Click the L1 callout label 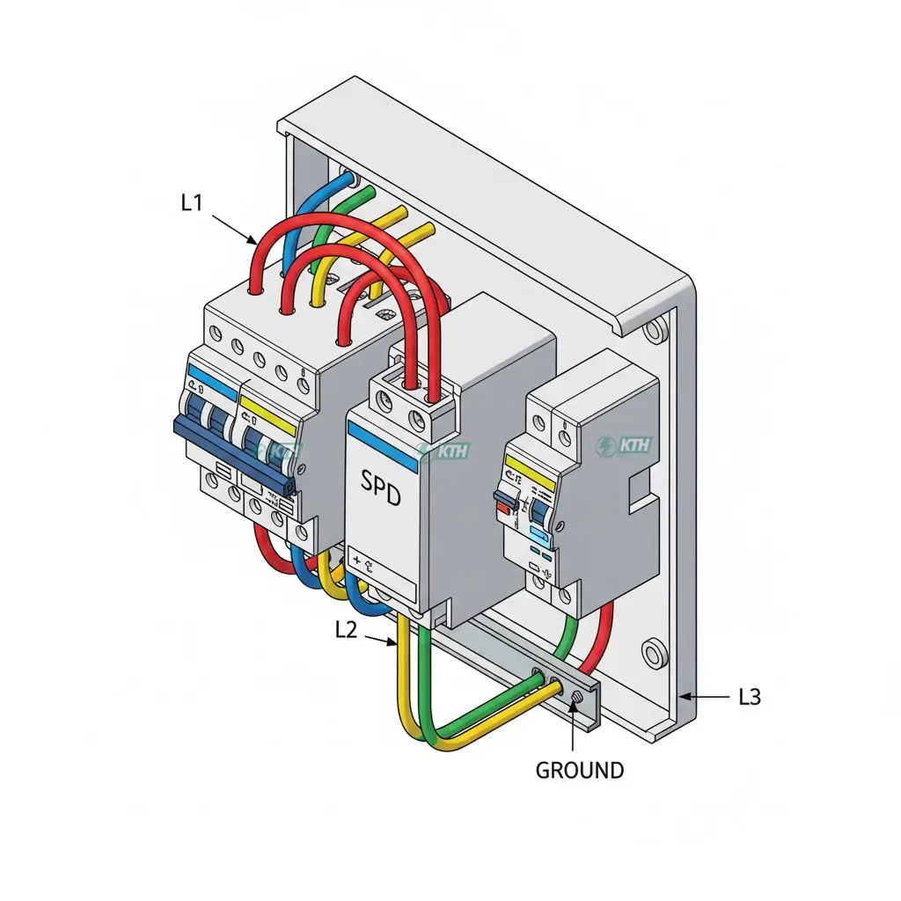pyautogui.click(x=192, y=202)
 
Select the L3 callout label pyautogui.click(x=749, y=697)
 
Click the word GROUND pyautogui.click(x=580, y=771)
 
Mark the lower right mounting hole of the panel pyautogui.click(x=654, y=654)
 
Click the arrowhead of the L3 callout pyautogui.click(x=685, y=697)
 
